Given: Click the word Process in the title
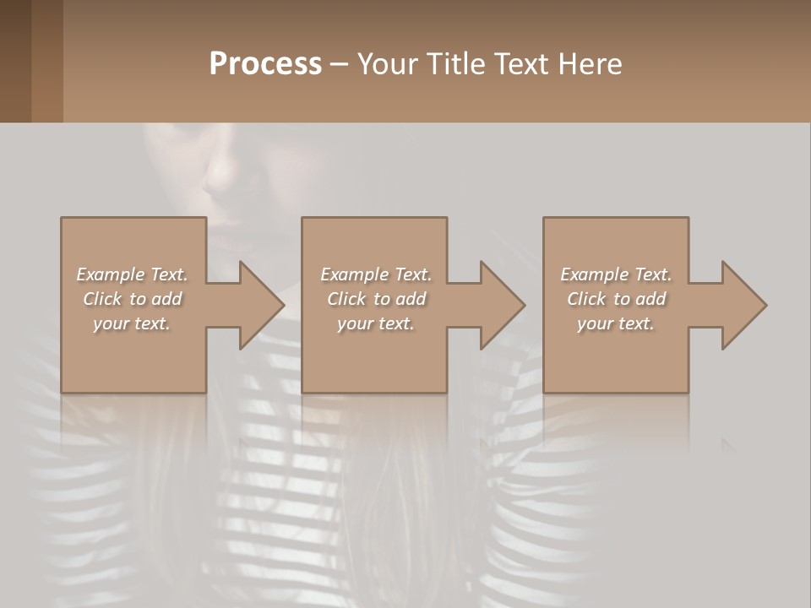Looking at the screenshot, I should pyautogui.click(x=265, y=64).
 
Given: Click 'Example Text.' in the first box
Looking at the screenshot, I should pyautogui.click(x=132, y=274).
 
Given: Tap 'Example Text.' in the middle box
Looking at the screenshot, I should pyautogui.click(x=376, y=274).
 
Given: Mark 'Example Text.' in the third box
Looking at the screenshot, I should pyautogui.click(x=616, y=274).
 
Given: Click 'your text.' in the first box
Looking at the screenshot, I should pyautogui.click(x=132, y=323).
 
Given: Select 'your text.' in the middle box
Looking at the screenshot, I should pyautogui.click(x=376, y=323).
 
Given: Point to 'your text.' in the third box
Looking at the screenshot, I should pyautogui.click(x=616, y=323).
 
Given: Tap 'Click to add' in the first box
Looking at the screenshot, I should pyautogui.click(x=132, y=299).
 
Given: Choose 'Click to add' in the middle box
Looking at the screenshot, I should pyautogui.click(x=376, y=299).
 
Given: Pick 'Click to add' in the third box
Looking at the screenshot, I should pyautogui.click(x=616, y=299).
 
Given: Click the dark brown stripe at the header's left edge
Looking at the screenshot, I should pyautogui.click(x=15, y=61).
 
